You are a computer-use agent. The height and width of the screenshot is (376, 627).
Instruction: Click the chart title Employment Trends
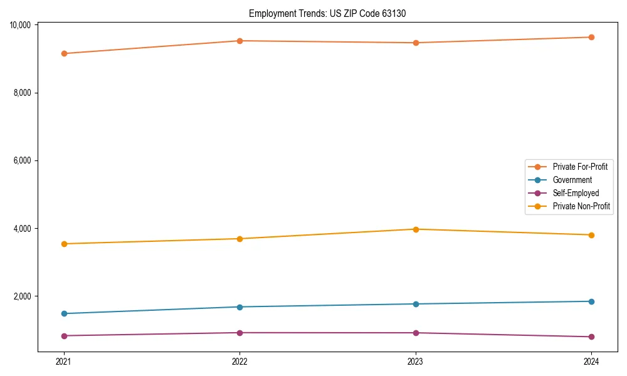point(327,14)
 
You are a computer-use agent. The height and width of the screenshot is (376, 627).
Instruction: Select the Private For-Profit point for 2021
point(64,53)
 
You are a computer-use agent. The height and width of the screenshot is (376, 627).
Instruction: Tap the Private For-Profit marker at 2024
point(591,37)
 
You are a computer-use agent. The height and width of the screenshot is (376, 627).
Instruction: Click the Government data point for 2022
point(240,307)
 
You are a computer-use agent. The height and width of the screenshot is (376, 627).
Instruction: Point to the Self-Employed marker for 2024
point(591,337)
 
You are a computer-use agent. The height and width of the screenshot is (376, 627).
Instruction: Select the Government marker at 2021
point(64,313)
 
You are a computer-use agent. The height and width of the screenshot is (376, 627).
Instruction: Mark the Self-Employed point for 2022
point(240,333)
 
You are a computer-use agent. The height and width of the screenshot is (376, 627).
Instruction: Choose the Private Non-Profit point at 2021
point(64,244)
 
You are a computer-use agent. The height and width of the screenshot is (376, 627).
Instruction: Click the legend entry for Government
point(572,180)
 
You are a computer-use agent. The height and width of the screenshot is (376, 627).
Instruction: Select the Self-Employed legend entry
point(576,193)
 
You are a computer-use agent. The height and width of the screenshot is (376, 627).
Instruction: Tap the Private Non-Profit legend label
point(581,206)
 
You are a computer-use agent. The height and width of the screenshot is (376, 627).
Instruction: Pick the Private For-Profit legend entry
point(580,167)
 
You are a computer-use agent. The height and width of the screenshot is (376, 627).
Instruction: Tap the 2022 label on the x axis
point(240,361)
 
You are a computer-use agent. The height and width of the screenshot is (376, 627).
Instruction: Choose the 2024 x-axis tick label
point(591,361)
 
